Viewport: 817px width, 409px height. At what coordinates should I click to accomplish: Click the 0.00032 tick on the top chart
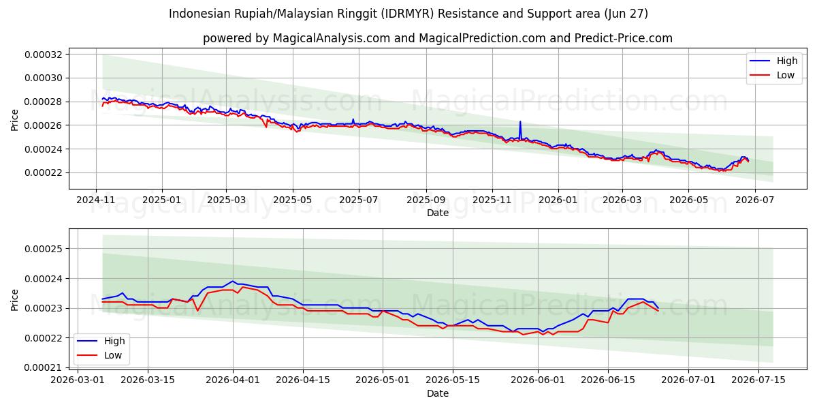[x=44, y=55]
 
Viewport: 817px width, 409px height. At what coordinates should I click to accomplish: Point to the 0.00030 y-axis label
[x=44, y=78]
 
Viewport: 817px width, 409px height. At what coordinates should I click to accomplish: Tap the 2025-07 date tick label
[x=359, y=200]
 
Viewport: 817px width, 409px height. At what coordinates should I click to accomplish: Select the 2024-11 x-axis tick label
[x=95, y=200]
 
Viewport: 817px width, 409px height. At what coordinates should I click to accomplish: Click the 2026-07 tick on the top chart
[x=754, y=200]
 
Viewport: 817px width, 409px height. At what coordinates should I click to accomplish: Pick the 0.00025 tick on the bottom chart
[x=44, y=249]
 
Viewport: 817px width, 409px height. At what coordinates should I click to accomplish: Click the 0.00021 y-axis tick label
[x=44, y=367]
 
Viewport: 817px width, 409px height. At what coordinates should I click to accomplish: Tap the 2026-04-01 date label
[x=233, y=380]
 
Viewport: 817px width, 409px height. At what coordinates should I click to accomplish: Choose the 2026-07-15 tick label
[x=758, y=380]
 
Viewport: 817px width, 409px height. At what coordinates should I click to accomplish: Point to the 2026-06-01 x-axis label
[x=538, y=380]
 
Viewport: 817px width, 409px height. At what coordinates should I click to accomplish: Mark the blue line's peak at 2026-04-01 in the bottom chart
[x=233, y=281]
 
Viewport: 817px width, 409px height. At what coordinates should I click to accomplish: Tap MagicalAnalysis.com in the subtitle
[x=332, y=38]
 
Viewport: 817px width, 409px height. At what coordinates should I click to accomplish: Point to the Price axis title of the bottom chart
[x=14, y=300]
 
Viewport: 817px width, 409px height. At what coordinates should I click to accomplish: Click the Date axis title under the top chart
[x=438, y=213]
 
